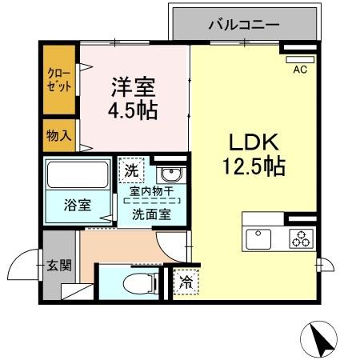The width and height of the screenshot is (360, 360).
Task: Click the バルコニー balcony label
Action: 244,25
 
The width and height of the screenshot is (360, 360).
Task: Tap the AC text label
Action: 301,70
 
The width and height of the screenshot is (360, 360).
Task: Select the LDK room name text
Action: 254,144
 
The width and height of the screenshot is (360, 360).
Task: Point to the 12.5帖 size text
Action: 254,168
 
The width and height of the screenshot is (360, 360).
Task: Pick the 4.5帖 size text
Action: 133,108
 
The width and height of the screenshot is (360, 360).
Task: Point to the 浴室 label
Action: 78,205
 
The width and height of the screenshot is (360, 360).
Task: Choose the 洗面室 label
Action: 151,214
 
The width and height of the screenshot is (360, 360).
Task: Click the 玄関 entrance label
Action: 59,265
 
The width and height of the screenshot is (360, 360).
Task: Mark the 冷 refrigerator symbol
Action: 186,282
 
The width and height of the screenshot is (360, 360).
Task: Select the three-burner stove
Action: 302,238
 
